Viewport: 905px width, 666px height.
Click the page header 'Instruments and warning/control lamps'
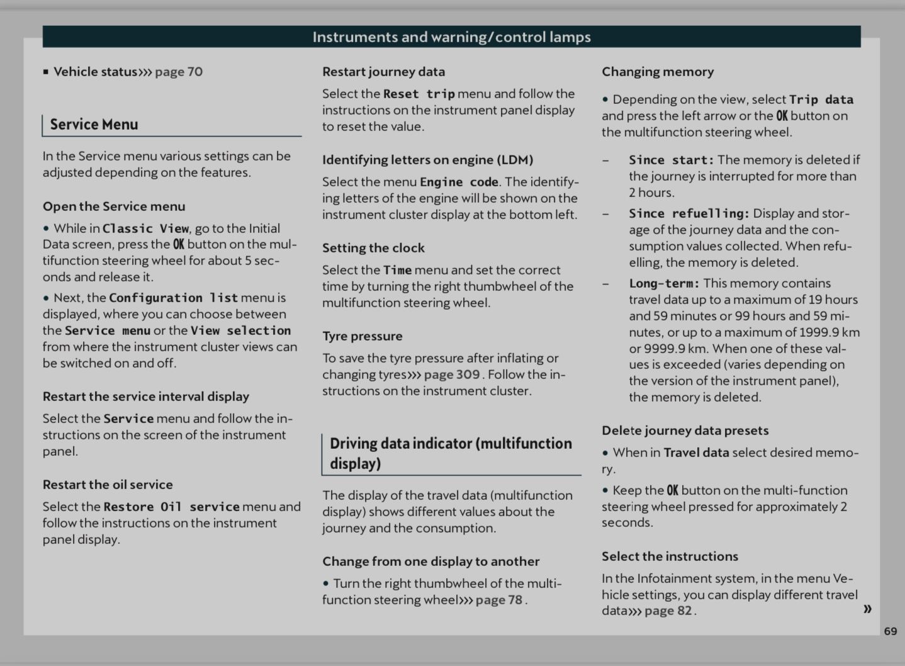coord(451,37)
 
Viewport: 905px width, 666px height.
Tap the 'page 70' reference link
coord(179,72)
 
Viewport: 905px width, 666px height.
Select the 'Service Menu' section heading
coord(94,125)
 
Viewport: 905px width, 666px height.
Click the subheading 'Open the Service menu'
coord(114,206)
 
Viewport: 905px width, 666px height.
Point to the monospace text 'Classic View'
coord(145,229)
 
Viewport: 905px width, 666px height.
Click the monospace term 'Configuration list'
coord(173,298)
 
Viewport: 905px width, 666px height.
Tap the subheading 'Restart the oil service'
coord(108,485)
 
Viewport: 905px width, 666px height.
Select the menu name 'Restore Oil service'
coord(171,507)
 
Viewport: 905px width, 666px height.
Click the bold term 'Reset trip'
coord(419,94)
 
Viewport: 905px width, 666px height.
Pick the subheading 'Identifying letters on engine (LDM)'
coord(427,160)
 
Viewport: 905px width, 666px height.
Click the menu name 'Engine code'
coord(459,182)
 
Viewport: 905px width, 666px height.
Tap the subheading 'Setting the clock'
coord(373,248)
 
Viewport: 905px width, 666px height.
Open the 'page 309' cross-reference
coord(452,375)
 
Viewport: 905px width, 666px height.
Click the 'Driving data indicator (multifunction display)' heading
coord(451,453)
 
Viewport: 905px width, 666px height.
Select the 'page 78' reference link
coord(499,600)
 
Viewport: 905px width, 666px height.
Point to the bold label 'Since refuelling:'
coord(689,213)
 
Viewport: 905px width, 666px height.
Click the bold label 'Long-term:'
coord(664,283)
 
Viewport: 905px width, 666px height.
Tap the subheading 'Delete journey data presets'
coord(685,431)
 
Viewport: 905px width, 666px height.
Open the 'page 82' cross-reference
coord(668,611)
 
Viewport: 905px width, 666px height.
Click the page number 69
coord(891,631)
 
